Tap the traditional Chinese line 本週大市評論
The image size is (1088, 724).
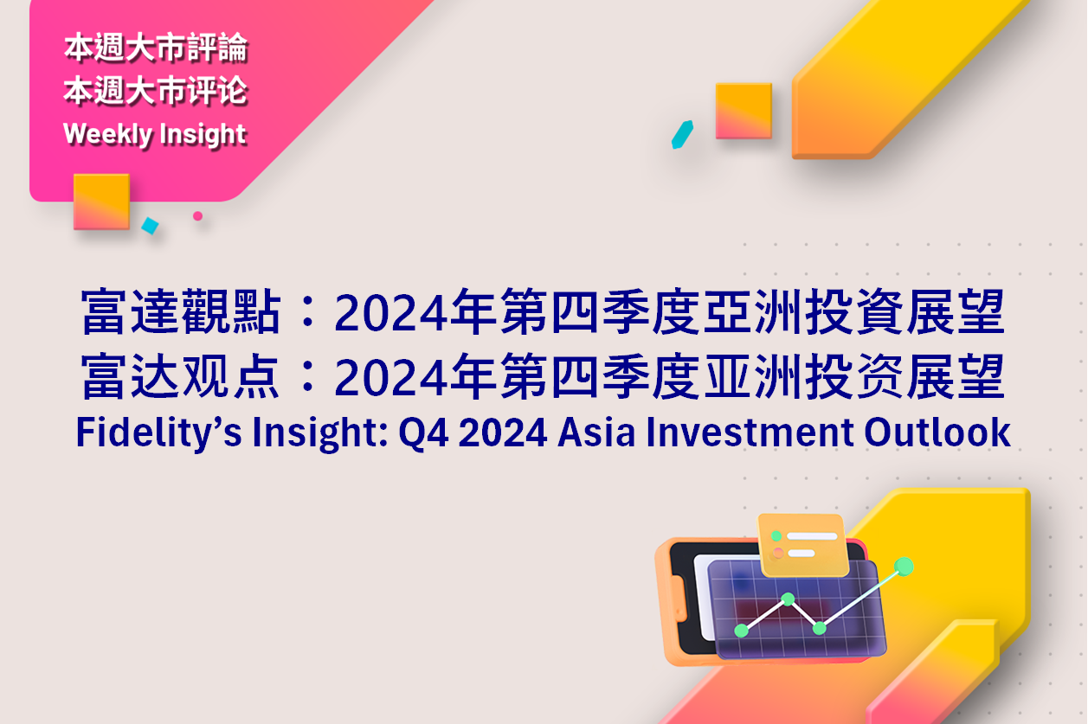(x=156, y=48)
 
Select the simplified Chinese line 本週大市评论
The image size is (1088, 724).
(x=156, y=91)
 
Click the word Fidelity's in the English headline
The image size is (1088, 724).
(x=158, y=432)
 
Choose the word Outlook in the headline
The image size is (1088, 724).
(x=937, y=432)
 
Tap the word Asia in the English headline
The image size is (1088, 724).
(x=596, y=432)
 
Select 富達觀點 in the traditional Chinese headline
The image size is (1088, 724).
(x=181, y=311)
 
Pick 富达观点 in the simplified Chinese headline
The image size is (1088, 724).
(x=181, y=376)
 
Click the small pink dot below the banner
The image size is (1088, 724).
(x=197, y=216)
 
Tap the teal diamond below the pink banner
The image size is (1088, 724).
(x=150, y=226)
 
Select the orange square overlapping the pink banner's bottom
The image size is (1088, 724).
(x=101, y=202)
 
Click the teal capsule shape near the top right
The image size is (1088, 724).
(x=682, y=134)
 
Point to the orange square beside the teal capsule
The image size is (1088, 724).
(x=744, y=111)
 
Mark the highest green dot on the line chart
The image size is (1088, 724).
(x=904, y=567)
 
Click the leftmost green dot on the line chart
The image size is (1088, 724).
(x=741, y=631)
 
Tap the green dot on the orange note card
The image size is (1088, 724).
(x=776, y=536)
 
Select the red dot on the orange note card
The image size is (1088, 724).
(x=778, y=553)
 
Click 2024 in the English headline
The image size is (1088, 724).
(x=503, y=432)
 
